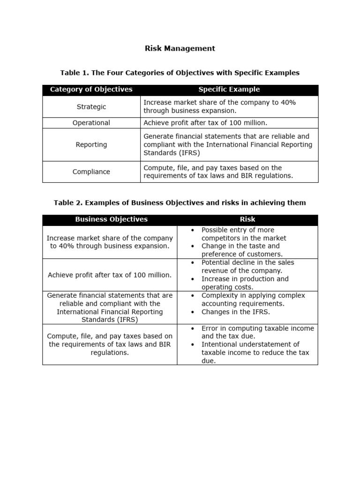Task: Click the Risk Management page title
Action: pyautogui.click(x=180, y=48)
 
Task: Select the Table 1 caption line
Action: pyautogui.click(x=180, y=73)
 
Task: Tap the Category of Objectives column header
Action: pyautogui.click(x=91, y=90)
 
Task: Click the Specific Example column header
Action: pyautogui.click(x=229, y=90)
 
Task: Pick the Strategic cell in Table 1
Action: pyautogui.click(x=91, y=107)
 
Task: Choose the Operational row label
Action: pyautogui.click(x=91, y=123)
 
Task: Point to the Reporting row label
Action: pyautogui.click(x=91, y=145)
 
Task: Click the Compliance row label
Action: pyautogui.click(x=91, y=172)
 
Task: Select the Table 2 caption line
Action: pyautogui.click(x=180, y=202)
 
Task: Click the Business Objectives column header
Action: pyautogui.click(x=111, y=219)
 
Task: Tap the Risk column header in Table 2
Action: pyautogui.click(x=247, y=219)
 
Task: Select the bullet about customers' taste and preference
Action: pyautogui.click(x=242, y=250)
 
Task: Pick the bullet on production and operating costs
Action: pyautogui.click(x=245, y=283)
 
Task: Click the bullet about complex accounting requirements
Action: pyautogui.click(x=253, y=299)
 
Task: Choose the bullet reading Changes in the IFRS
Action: pyautogui.click(x=236, y=312)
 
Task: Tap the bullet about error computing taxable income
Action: pyautogui.click(x=257, y=332)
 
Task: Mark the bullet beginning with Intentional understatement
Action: pyautogui.click(x=255, y=352)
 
